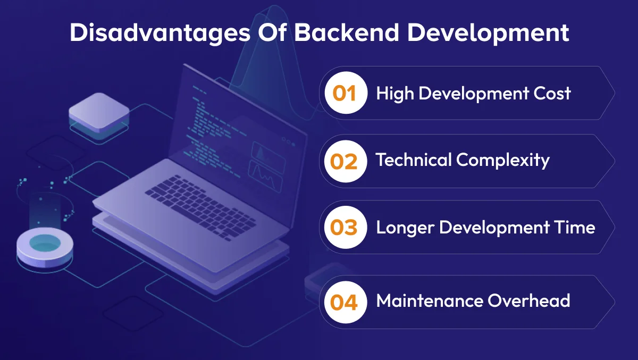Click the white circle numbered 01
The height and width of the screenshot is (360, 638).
pos(345,93)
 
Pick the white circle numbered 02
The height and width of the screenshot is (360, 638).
pos(345,161)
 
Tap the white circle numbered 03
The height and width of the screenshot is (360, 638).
pos(345,228)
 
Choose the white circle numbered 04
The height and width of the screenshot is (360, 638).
pos(345,302)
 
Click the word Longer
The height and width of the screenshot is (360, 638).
pos(406,228)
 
